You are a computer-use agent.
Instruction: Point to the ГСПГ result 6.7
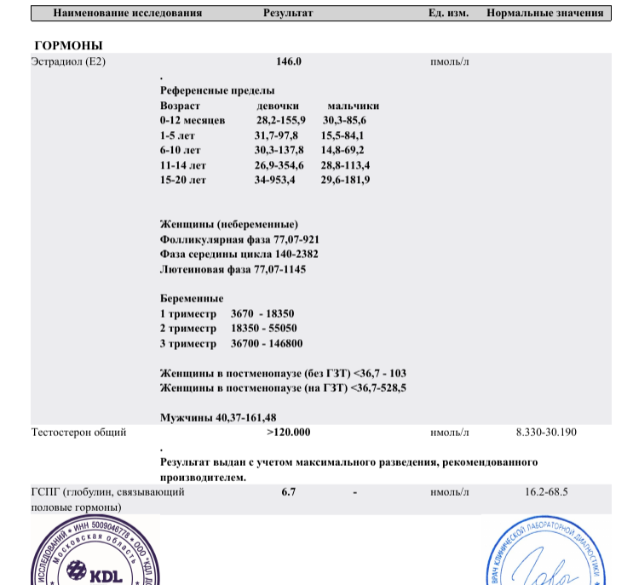pyautogui.click(x=288, y=492)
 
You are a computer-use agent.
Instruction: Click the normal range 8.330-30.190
pyautogui.click(x=546, y=433)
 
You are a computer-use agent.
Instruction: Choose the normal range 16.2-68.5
pyautogui.click(x=546, y=492)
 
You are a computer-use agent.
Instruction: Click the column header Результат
pyautogui.click(x=288, y=14)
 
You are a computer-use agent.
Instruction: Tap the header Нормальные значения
pyautogui.click(x=545, y=14)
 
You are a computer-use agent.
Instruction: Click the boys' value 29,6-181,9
pyautogui.click(x=345, y=180)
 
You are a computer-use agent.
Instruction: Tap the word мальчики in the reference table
pyautogui.click(x=353, y=106)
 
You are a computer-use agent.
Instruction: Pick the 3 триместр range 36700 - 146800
pyautogui.click(x=267, y=343)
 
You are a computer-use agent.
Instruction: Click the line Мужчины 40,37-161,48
pyautogui.click(x=218, y=417)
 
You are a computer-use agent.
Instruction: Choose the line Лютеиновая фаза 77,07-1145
pyautogui.click(x=233, y=269)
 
